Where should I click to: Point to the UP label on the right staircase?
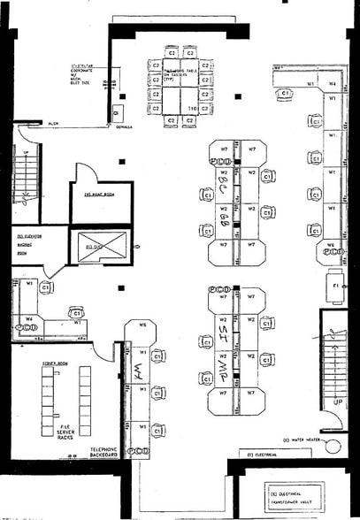[x=337, y=401]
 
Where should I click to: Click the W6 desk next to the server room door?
[x=141, y=325]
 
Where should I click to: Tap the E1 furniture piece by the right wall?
[x=335, y=287]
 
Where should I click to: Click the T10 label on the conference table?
[x=190, y=109]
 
